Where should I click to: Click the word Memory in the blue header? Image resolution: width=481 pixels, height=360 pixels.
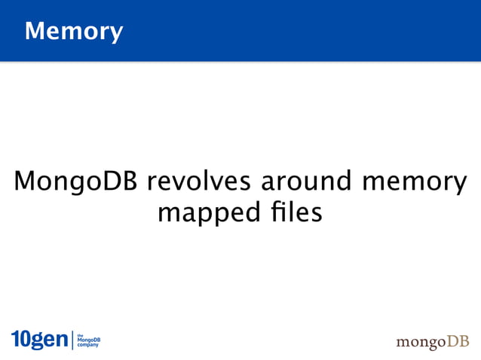[73, 32]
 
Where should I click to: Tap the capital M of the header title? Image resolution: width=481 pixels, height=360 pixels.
[34, 31]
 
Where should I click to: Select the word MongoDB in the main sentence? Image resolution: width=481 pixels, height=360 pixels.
[75, 183]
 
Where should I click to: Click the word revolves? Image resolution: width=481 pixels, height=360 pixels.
[198, 182]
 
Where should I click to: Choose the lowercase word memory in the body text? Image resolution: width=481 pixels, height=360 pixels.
[415, 184]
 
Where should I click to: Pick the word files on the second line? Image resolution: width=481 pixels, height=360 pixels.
[292, 214]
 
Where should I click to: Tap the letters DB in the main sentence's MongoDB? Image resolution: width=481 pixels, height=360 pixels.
[124, 182]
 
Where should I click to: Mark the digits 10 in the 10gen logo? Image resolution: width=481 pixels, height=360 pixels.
[20, 340]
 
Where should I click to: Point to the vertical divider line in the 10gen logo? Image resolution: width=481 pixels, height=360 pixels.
[73, 340]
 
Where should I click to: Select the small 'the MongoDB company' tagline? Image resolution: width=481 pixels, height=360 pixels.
[88, 340]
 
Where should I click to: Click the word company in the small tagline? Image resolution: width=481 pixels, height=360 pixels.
[88, 346]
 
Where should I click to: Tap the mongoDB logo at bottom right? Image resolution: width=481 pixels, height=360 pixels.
[432, 342]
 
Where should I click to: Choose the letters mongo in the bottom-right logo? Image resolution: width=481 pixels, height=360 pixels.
[419, 343]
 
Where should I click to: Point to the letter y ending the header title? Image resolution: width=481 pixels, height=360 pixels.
[115, 34]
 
